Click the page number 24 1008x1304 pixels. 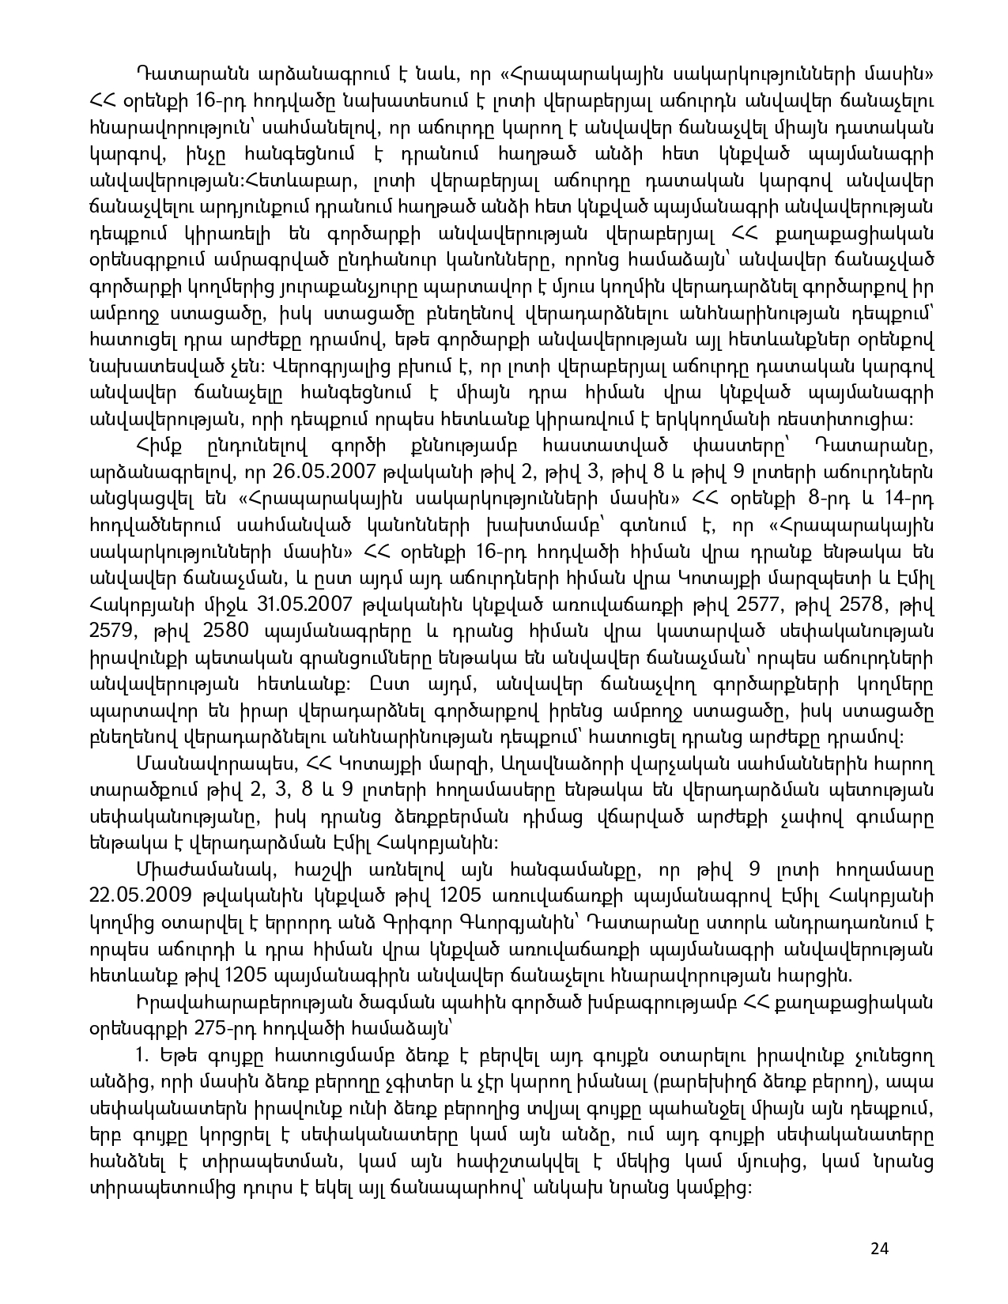[x=879, y=1248]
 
